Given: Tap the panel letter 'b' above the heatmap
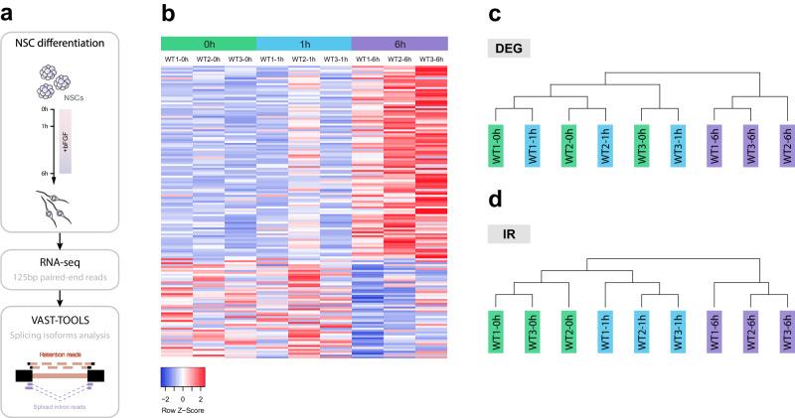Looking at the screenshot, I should point(169,14).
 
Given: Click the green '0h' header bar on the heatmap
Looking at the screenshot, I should point(208,44).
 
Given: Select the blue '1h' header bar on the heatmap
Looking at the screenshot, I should point(303,44).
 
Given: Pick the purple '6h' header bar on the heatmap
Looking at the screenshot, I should point(398,44).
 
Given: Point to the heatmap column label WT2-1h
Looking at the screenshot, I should point(303,59).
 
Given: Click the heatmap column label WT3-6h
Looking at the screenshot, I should point(431,59).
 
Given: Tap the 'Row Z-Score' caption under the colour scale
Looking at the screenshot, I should point(184,409).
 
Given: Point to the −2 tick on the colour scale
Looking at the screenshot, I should point(169,398).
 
